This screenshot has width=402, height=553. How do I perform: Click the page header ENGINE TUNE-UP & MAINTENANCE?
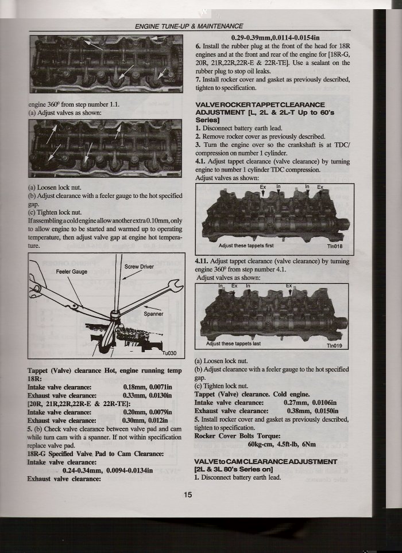pos(188,26)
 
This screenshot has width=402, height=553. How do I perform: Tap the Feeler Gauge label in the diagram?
pos(72,271)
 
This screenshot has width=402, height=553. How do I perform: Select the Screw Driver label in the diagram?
pos(139,267)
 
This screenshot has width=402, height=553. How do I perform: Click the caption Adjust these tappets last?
pos(234,344)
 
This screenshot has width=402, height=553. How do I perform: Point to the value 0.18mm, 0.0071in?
pos(144,387)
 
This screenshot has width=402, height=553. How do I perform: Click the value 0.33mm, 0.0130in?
pos(144,395)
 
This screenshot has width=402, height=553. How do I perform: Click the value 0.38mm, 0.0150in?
pos(311,411)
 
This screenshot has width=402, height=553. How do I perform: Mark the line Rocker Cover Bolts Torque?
pos(237,436)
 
